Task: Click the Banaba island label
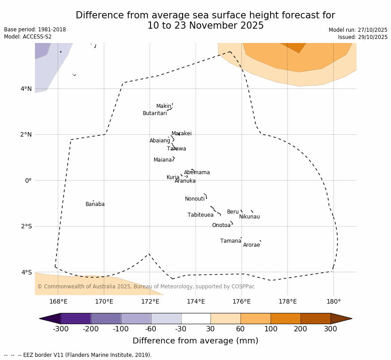[x=95, y=204]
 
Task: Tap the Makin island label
[x=163, y=106]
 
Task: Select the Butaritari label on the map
[x=155, y=113]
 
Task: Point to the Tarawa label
[x=176, y=149]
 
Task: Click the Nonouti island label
[x=195, y=199]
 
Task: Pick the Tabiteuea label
[x=200, y=215]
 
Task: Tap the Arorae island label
[x=251, y=245]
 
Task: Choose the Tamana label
[x=231, y=241]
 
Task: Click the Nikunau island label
[x=249, y=217]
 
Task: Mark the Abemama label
[x=197, y=172]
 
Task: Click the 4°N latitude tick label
[x=26, y=89]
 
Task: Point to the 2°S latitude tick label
[x=26, y=226]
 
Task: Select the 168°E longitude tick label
[x=58, y=301]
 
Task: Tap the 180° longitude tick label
[x=333, y=301]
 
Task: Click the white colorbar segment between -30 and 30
[x=196, y=318]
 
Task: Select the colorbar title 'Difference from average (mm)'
[x=195, y=341]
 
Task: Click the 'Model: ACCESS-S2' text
[x=28, y=37]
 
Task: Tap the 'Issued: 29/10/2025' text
[x=363, y=37]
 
